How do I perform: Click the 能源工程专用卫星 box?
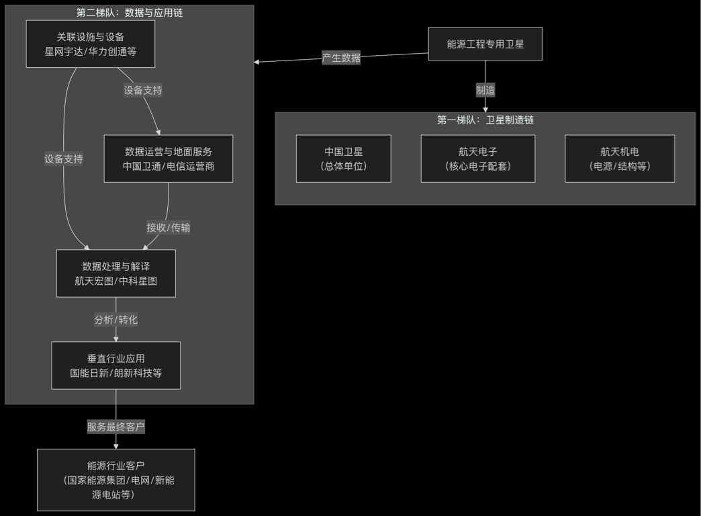click(x=485, y=44)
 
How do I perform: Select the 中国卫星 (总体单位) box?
click(x=344, y=159)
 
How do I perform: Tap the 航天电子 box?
click(x=478, y=159)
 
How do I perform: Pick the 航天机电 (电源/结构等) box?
click(x=620, y=159)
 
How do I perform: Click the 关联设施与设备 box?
click(x=91, y=44)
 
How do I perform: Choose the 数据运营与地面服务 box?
click(x=169, y=159)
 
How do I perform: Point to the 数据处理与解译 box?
click(x=116, y=273)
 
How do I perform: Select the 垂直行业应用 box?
click(x=116, y=365)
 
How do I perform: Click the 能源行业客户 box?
click(x=116, y=480)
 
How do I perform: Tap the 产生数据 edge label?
click(x=341, y=58)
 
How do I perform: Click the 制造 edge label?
click(x=485, y=90)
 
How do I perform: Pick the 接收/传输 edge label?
click(x=169, y=228)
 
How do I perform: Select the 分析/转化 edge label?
click(x=116, y=320)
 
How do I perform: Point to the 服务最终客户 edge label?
click(x=116, y=427)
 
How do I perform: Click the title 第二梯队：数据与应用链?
click(x=130, y=13)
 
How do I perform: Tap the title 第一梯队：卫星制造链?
click(x=485, y=120)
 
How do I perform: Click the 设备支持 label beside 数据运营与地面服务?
click(x=143, y=90)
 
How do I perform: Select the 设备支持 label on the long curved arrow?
click(x=64, y=159)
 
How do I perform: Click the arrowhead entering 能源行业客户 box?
click(x=116, y=445)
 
